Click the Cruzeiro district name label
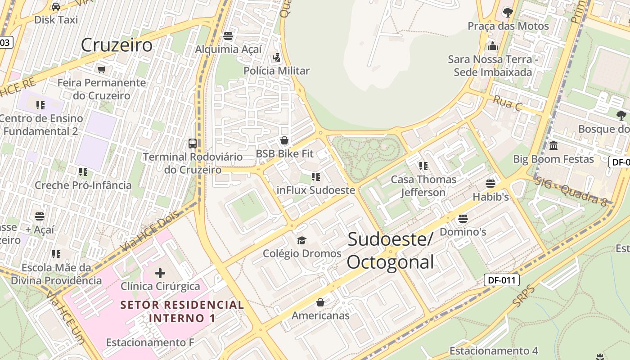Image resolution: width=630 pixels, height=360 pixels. pyautogui.click(x=117, y=45)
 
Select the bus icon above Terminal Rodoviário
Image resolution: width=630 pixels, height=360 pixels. pyautogui.click(x=193, y=144)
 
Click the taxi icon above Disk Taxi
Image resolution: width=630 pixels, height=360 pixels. pyautogui.click(x=56, y=7)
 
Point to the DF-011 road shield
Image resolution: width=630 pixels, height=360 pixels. pyautogui.click(x=502, y=280)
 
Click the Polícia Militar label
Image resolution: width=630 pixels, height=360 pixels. pyautogui.click(x=276, y=71)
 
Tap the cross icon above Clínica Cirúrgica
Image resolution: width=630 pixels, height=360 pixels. pyautogui.click(x=160, y=273)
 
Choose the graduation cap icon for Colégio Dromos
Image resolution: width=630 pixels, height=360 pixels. pyautogui.click(x=301, y=240)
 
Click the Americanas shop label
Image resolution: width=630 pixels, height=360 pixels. pyautogui.click(x=320, y=315)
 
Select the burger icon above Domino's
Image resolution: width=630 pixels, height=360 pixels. pyautogui.click(x=463, y=219)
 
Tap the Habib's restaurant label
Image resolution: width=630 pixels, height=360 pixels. pyautogui.click(x=490, y=197)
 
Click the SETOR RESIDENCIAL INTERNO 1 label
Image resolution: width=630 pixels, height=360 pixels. pyautogui.click(x=182, y=311)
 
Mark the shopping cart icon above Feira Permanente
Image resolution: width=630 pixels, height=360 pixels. pyautogui.click(x=102, y=69)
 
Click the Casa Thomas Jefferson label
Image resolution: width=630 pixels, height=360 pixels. pyautogui.click(x=423, y=186)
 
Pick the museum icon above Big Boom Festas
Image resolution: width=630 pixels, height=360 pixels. pyautogui.click(x=553, y=146)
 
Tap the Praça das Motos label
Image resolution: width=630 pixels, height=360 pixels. pyautogui.click(x=508, y=26)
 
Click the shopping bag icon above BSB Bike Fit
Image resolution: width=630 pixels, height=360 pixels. pyautogui.click(x=284, y=140)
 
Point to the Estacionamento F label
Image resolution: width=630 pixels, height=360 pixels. pyautogui.click(x=150, y=342)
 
